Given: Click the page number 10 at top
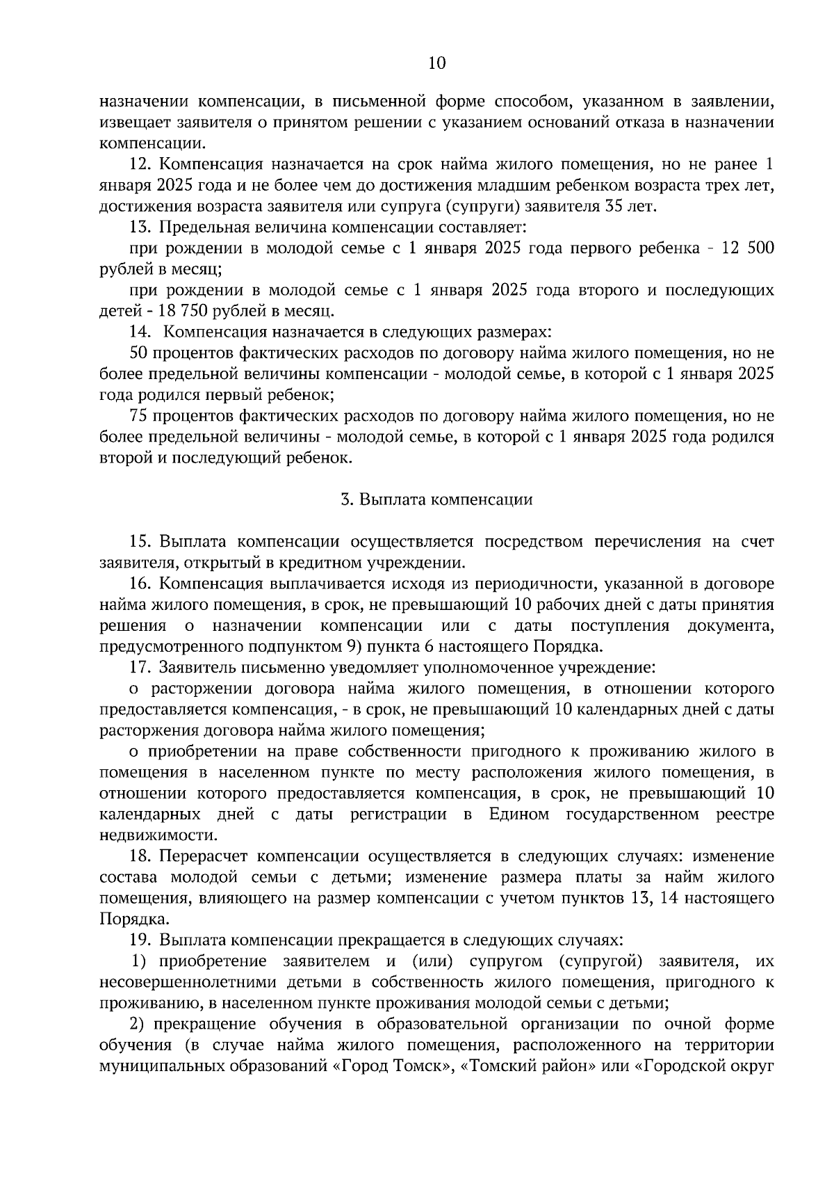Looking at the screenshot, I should point(436,64).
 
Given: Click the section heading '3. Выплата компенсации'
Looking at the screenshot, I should point(436,500).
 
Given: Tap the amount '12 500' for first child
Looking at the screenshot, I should point(749,249).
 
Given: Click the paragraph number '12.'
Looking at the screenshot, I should point(141,165).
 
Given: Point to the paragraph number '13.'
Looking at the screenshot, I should point(141,227).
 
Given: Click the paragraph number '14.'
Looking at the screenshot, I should point(141,332).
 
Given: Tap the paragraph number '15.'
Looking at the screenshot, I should point(141,542).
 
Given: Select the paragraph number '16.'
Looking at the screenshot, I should point(141,584).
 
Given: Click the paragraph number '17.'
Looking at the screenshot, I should point(141,668).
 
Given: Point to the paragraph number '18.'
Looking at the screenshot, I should point(141,856).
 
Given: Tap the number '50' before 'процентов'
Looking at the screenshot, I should point(139,353).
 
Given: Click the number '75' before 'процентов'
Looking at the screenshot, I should point(139,416).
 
